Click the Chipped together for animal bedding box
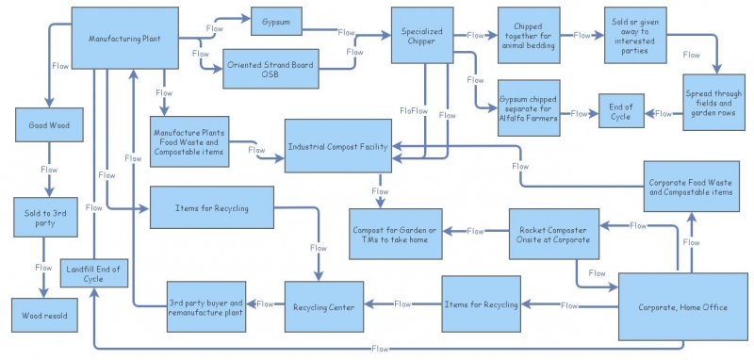(x=527, y=35)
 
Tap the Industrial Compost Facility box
(x=336, y=146)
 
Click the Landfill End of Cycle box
(x=91, y=274)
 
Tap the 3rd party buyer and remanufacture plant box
(x=205, y=307)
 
